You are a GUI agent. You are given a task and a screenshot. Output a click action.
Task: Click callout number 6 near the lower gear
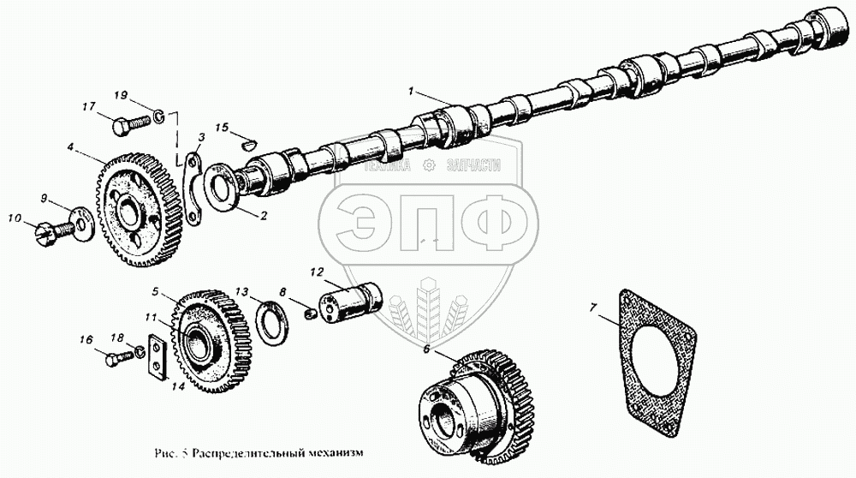pyautogui.click(x=425, y=349)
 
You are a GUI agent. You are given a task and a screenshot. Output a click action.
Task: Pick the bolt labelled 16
pyautogui.click(x=119, y=359)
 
